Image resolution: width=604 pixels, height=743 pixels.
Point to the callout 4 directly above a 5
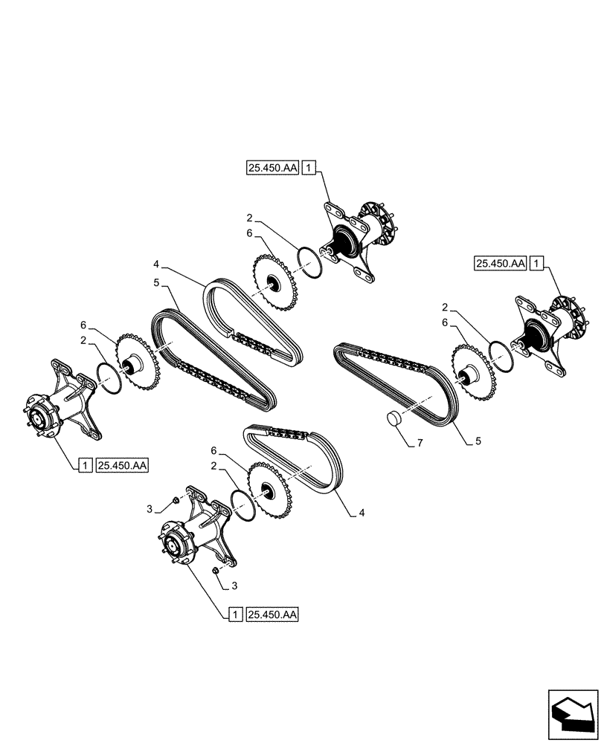tap(156, 264)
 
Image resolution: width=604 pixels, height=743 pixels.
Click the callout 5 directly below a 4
tap(156, 283)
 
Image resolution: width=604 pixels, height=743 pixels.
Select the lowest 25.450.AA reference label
tap(271, 614)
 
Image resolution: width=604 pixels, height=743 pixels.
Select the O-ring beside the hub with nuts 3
tap(242, 499)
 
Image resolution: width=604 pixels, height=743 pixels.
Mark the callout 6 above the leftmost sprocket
tap(84, 325)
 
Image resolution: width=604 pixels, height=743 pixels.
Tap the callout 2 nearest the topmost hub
tap(251, 218)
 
